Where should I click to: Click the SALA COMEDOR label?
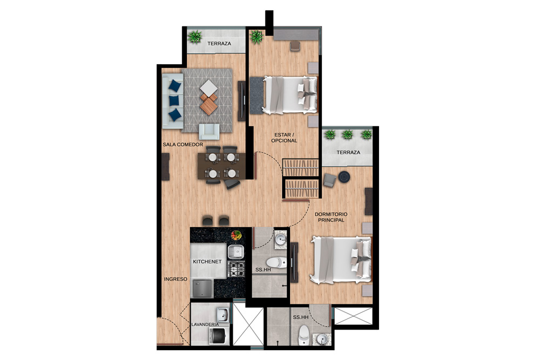click(x=183, y=145)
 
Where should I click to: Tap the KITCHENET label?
click(x=207, y=262)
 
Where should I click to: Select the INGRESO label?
click(x=175, y=279)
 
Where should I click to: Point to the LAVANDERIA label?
click(x=205, y=324)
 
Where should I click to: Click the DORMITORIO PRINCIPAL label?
click(x=331, y=217)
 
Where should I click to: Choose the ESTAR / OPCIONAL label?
click(x=284, y=138)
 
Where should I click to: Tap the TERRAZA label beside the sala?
click(x=219, y=44)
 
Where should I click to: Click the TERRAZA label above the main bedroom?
click(x=348, y=152)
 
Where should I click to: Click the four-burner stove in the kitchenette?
click(x=237, y=269)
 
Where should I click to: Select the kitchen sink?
click(x=236, y=252)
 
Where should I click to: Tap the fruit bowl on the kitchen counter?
click(x=236, y=235)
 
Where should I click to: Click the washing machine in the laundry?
click(x=218, y=336)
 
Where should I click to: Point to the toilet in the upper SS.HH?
click(x=276, y=263)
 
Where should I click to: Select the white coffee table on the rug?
click(x=208, y=88)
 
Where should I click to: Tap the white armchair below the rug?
click(x=209, y=132)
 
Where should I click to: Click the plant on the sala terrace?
click(x=195, y=37)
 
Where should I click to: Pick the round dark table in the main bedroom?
click(x=344, y=176)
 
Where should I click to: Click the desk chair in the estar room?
click(x=295, y=46)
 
